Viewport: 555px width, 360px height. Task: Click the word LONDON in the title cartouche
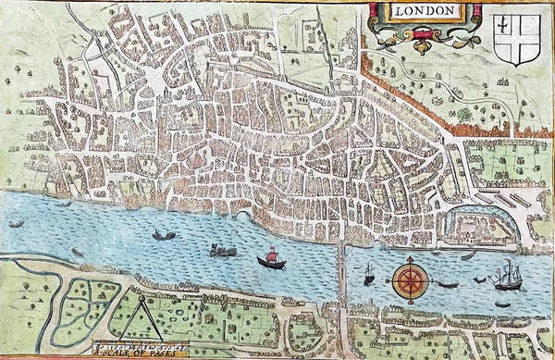pos(425,12)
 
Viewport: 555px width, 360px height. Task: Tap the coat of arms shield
pos(516,38)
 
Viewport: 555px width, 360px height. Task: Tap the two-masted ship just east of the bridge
pos(368,274)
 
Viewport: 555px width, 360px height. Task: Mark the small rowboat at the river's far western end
pos(16,223)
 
